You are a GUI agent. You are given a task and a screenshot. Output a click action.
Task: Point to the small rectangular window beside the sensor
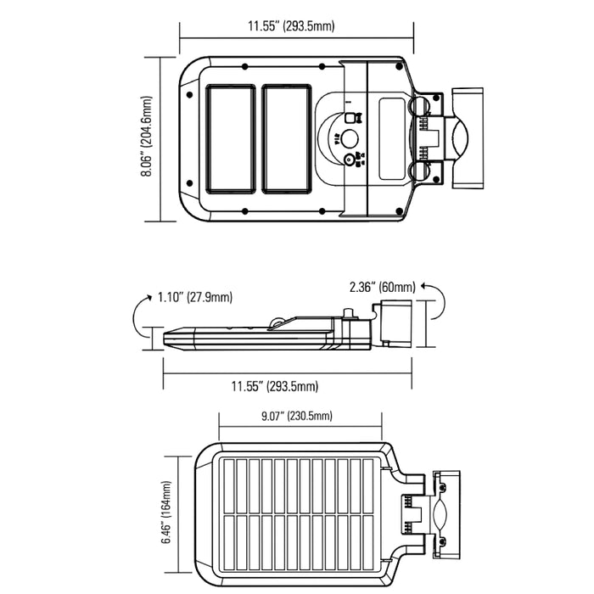tap(392, 138)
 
